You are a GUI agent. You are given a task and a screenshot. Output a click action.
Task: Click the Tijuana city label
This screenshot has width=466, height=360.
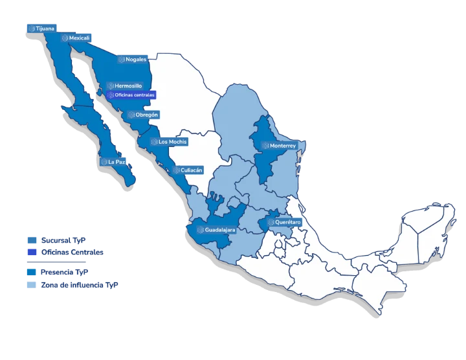point(43,28)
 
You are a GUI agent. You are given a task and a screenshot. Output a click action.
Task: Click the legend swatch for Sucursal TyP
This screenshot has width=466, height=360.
point(31,239)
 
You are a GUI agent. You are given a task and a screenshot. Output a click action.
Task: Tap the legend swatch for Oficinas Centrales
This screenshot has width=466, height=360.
point(31,251)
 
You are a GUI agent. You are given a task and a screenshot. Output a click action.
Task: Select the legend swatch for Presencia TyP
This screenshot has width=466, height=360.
point(31,272)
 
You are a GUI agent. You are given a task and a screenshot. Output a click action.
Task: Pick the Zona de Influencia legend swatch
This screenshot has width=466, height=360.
point(31,284)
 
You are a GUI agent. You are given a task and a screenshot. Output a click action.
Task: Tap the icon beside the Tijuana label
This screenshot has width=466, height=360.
point(30,28)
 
